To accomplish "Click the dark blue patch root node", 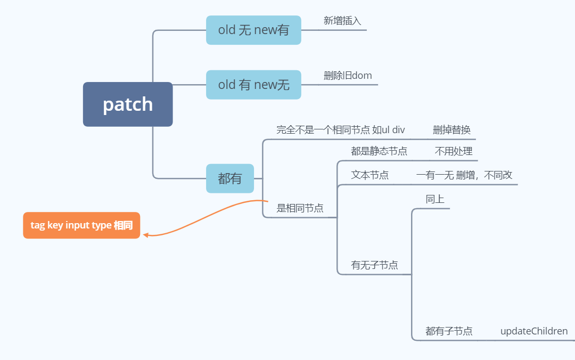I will [128, 104].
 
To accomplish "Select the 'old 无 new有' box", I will [253, 30].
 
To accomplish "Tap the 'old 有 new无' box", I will [253, 85].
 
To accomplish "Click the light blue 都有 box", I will [230, 178].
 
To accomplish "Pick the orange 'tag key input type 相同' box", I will [81, 225].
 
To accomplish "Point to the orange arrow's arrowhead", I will [145, 235].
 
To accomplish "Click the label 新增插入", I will [342, 21].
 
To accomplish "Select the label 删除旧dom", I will [348, 76].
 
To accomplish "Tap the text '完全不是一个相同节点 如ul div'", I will [341, 129].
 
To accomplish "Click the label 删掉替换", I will [451, 129].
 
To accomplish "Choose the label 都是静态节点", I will [379, 151].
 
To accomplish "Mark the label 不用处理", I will [454, 151].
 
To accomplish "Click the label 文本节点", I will [369, 175].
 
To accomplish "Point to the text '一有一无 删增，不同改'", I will [464, 175].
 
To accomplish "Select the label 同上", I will [435, 199].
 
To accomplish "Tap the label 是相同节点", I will [300, 208].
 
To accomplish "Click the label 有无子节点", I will [374, 265].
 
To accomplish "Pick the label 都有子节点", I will [449, 331].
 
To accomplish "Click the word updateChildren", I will [534, 331].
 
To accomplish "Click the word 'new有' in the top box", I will [272, 30].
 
